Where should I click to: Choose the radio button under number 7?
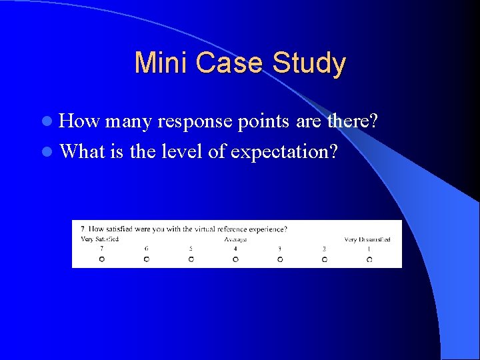tap(101, 259)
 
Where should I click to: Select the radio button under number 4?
tap(235, 259)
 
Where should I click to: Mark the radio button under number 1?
tap(369, 259)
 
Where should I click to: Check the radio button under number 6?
tap(146, 259)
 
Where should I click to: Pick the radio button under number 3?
tap(280, 259)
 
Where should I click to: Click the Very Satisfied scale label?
tap(99, 239)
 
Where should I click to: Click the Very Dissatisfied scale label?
tap(367, 239)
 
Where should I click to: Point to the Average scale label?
tap(235, 239)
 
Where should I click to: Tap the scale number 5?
tap(191, 249)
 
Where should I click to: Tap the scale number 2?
tap(325, 249)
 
